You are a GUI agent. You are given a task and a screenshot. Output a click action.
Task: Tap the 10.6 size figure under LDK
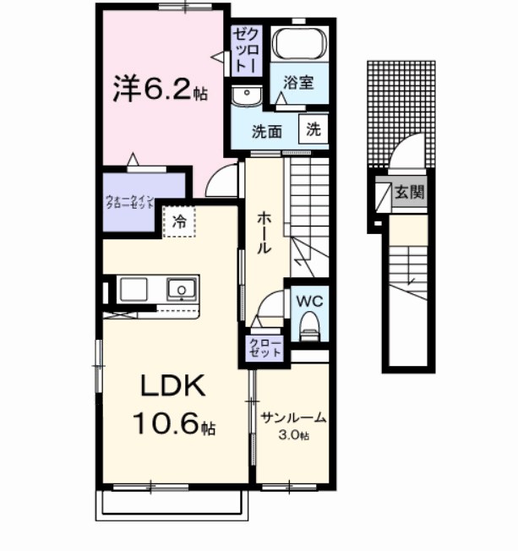tap(173, 425)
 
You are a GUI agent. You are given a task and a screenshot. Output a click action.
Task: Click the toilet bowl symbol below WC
tap(308, 325)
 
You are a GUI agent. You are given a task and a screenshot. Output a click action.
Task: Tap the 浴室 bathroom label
tap(298, 83)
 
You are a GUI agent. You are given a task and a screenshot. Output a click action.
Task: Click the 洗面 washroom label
tap(268, 131)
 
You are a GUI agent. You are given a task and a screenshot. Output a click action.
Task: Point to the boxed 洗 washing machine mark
tap(313, 130)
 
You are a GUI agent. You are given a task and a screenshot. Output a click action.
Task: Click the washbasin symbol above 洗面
tap(247, 95)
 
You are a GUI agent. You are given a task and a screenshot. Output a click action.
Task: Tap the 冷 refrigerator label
tap(179, 222)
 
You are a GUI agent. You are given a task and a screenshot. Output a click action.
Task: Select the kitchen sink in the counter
tap(181, 291)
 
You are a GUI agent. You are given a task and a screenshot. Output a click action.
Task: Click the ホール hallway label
tap(263, 232)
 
